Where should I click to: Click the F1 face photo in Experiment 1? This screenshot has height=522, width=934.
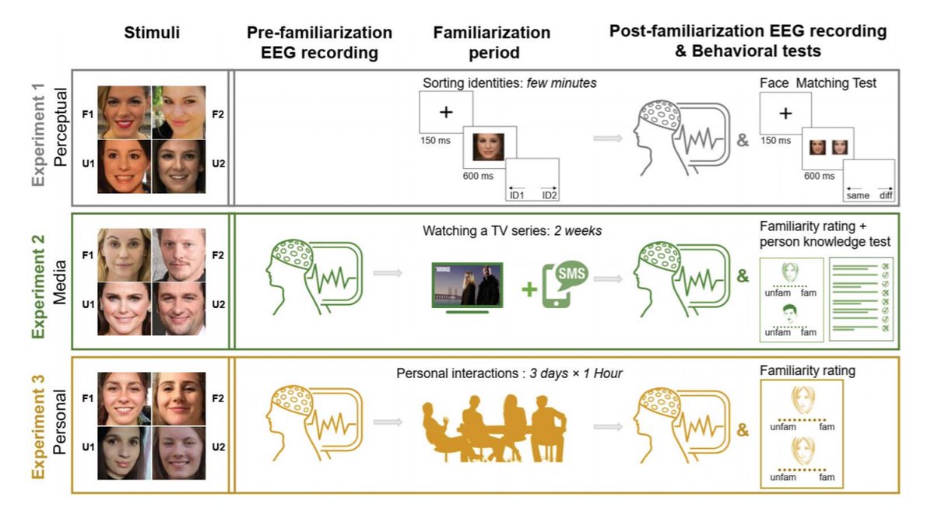click(x=124, y=112)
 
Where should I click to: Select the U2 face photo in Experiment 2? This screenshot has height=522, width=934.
click(x=179, y=308)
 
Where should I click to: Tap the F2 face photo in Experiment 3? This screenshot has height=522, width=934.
click(x=179, y=398)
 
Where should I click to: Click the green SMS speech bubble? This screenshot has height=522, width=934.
click(x=570, y=273)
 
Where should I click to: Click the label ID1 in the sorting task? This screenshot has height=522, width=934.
click(x=517, y=194)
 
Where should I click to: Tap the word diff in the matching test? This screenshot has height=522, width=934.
click(x=886, y=195)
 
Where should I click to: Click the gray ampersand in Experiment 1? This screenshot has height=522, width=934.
click(x=743, y=141)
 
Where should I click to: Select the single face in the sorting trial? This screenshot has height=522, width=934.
click(x=488, y=145)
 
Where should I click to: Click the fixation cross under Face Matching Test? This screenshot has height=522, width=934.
click(x=785, y=114)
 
